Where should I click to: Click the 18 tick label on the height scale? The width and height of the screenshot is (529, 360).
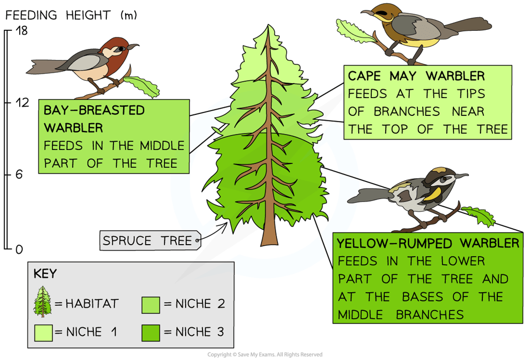tap(21, 31)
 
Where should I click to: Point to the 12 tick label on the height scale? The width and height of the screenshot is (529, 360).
tap(22, 102)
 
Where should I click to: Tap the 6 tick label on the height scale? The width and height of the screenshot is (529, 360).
tap(19, 174)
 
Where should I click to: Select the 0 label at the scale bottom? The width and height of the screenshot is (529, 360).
tap(19, 249)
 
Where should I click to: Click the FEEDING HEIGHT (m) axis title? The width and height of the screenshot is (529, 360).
tap(71, 15)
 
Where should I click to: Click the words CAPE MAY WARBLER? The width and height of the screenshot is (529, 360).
tap(416, 76)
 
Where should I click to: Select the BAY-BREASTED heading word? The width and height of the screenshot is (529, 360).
tap(94, 110)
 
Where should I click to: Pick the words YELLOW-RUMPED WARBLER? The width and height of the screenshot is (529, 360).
tap(428, 243)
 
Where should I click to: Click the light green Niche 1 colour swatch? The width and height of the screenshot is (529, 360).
tap(43, 332)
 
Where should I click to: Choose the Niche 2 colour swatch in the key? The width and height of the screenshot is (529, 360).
tap(151, 305)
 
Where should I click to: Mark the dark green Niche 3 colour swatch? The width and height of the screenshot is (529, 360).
tap(151, 332)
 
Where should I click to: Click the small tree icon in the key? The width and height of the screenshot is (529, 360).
tap(42, 302)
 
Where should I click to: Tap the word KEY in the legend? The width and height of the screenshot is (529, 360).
tap(45, 274)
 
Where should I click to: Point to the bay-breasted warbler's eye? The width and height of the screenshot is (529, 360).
tap(120, 49)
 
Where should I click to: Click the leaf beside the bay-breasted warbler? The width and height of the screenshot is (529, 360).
tap(142, 86)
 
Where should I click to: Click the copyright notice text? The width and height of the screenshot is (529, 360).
tap(265, 354)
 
